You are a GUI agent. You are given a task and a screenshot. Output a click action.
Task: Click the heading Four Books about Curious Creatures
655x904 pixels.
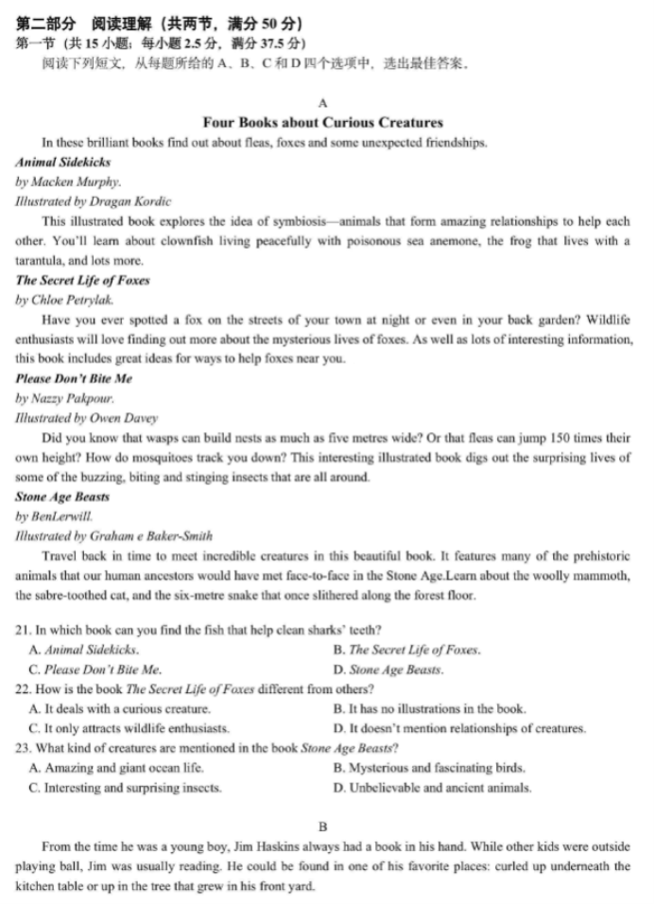[322, 122]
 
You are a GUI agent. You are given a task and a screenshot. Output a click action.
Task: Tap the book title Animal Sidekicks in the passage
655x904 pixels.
[63, 162]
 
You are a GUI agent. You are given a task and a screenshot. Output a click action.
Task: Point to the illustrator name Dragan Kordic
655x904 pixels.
[135, 200]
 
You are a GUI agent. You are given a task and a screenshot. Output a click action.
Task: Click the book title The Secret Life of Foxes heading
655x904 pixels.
[82, 280]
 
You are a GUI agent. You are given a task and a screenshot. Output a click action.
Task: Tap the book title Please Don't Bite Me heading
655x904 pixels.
[74, 378]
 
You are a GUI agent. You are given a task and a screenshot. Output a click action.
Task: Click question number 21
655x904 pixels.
[24, 630]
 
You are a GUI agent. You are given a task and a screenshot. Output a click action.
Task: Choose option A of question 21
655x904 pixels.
[84, 650]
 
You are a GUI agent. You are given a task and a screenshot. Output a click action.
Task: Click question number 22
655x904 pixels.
[24, 688]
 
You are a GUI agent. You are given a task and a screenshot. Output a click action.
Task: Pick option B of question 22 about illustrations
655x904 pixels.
[429, 708]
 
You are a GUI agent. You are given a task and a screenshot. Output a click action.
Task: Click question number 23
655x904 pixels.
[24, 748]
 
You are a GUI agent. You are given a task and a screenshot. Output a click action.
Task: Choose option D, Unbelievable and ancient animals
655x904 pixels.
[432, 787]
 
